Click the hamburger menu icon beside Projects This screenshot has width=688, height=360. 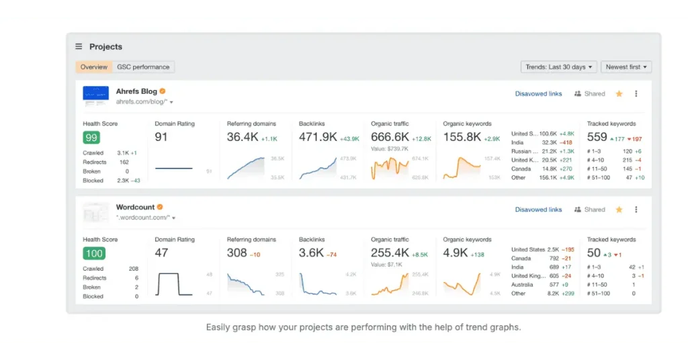(x=79, y=47)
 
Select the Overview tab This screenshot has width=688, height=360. (x=94, y=67)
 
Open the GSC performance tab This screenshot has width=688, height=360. (x=143, y=67)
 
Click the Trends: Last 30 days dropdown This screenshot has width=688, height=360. (x=558, y=67)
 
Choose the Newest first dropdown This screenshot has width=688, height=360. (x=626, y=67)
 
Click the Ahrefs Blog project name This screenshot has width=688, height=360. (x=136, y=91)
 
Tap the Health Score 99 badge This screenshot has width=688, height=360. (x=91, y=138)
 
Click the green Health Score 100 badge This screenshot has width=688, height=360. (x=93, y=253)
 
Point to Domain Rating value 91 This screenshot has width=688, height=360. (x=161, y=137)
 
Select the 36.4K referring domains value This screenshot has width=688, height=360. (x=242, y=137)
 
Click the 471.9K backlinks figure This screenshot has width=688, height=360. (x=318, y=137)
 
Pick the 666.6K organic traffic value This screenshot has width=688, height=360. (x=390, y=137)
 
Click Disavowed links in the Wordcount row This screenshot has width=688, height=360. (x=538, y=210)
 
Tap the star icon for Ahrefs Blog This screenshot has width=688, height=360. (x=619, y=94)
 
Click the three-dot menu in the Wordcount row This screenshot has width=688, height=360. (x=636, y=210)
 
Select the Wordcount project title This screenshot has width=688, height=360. (x=135, y=207)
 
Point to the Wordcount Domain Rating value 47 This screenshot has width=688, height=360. (x=161, y=253)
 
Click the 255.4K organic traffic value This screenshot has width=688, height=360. (x=390, y=253)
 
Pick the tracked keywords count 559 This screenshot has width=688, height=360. (x=597, y=137)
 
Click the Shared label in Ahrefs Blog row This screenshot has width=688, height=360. (x=594, y=94)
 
